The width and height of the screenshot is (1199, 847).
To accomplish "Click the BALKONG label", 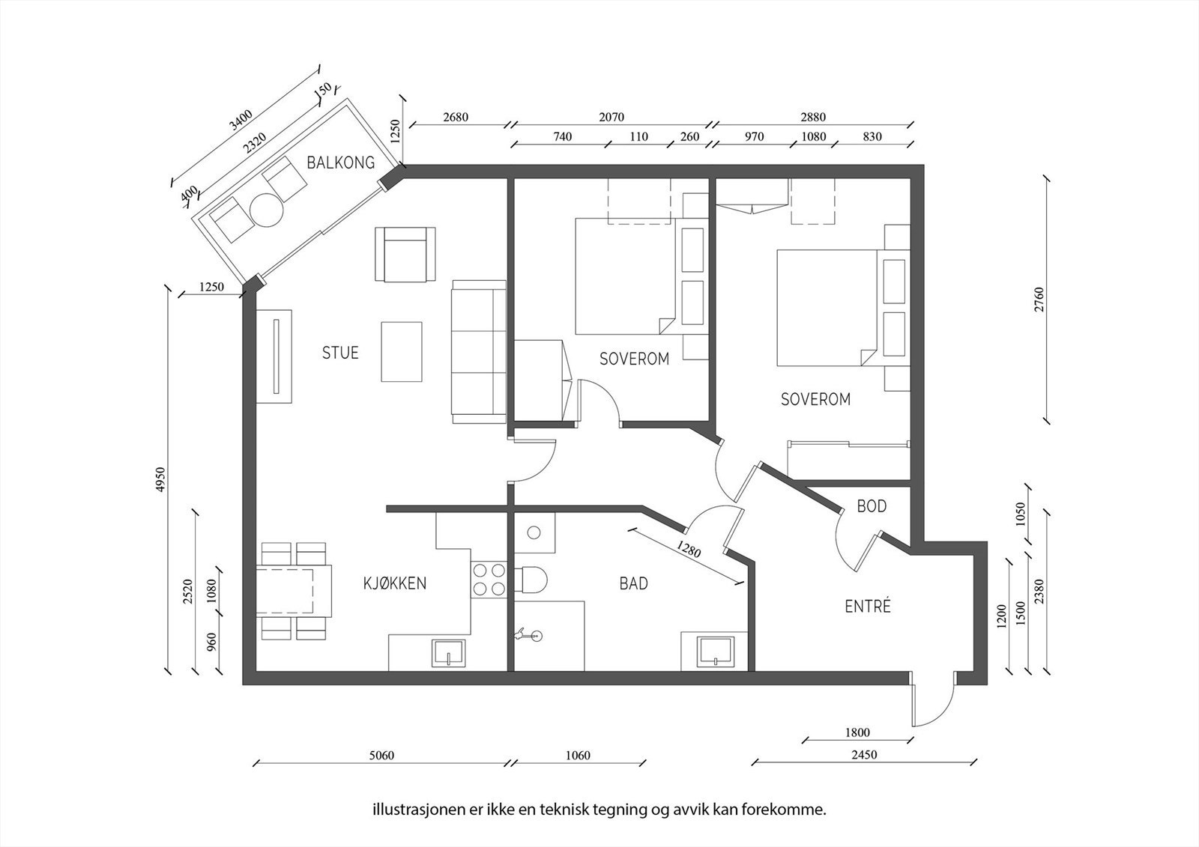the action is pos(340,162).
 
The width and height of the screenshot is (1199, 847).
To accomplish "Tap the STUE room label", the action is pos(340,353).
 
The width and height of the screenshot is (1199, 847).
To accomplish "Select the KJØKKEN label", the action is pos(395,583).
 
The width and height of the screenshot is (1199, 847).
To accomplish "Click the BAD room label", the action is pos(634,583).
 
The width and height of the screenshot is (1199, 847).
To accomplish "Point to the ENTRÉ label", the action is pos(868,606).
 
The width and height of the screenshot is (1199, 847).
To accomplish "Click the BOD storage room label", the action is pos(872,506).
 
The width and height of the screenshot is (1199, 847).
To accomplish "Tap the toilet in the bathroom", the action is pos(531,580).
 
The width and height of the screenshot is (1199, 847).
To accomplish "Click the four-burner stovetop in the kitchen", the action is pos(489,580).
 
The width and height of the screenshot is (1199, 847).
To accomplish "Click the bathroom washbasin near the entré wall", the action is pos(715,652).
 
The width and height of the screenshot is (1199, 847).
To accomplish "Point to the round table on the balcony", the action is pos(267,210).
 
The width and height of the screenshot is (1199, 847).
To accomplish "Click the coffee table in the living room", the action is pos(402,351).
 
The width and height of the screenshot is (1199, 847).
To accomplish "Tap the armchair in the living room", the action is pos(405,254).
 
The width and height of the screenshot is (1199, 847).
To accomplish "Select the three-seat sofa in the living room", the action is pos(479,351).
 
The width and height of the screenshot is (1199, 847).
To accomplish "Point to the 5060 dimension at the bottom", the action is pos(381,755).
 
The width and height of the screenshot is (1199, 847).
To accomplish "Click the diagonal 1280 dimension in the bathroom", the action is pos(689,549).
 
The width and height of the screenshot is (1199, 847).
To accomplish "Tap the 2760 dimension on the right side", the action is pos(1039,300).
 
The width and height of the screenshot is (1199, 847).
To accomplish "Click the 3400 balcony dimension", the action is pos(241,120).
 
